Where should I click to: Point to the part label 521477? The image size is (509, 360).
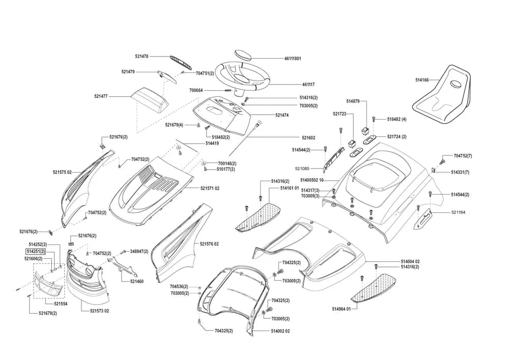[101, 96]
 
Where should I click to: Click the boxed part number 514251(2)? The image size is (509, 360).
[36, 252]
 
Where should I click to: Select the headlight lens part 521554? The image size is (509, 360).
[49, 283]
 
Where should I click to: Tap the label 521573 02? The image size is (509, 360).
[99, 311]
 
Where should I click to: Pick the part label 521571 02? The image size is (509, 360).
[210, 188]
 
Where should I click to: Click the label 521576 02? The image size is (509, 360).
[209, 244]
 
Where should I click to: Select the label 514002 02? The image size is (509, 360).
[280, 331]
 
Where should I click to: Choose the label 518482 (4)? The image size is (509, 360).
[397, 119]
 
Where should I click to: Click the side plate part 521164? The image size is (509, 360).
[423, 216]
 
